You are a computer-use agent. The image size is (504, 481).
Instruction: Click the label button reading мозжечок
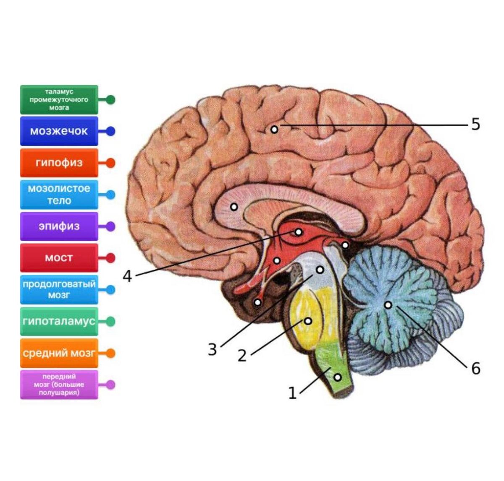(59, 131)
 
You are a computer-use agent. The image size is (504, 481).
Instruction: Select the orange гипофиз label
(59, 163)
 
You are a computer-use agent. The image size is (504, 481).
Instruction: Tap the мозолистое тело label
(59, 195)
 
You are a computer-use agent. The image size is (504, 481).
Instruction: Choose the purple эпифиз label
(59, 226)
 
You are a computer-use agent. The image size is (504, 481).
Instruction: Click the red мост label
(59, 258)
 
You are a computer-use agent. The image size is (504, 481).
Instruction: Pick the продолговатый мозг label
(59, 290)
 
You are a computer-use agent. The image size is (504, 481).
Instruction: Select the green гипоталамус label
(59, 322)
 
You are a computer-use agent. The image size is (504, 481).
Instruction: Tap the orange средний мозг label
(59, 353)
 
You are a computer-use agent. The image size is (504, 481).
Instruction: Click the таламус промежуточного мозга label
(59, 100)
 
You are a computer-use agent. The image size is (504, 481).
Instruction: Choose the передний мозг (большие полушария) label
(59, 385)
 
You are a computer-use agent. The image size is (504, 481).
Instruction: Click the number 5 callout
(475, 125)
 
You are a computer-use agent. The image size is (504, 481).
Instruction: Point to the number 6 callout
(475, 369)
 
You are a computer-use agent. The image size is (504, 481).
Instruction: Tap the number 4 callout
(127, 276)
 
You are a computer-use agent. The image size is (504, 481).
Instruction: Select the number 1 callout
(293, 393)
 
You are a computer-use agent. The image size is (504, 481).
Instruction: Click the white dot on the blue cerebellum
(388, 305)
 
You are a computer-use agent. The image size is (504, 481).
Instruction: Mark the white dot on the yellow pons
(308, 321)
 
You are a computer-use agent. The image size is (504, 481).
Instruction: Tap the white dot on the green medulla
(337, 377)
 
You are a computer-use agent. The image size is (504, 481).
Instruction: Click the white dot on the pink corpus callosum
(234, 207)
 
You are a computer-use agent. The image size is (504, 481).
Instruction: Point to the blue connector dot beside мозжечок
(110, 131)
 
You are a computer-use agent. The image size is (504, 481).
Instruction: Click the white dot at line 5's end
(274, 130)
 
